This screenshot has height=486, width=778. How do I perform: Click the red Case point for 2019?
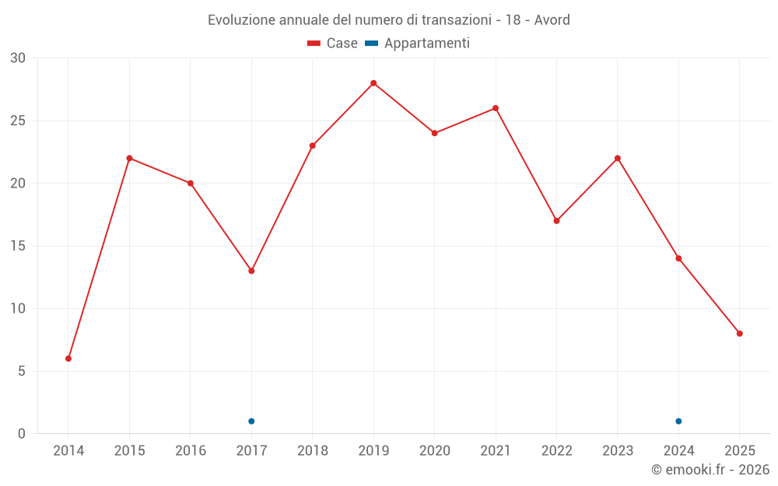(x=373, y=83)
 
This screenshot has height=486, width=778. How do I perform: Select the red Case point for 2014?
(x=68, y=358)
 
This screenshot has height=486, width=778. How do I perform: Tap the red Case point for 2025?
(x=740, y=334)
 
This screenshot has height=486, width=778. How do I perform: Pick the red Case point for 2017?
(x=251, y=271)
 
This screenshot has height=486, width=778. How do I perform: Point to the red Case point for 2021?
(x=496, y=108)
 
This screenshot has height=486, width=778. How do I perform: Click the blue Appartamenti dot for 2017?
(x=251, y=421)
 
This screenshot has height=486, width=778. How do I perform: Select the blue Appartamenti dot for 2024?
(x=678, y=421)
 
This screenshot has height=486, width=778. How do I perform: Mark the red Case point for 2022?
(x=556, y=221)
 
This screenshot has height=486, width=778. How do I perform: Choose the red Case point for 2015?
(x=129, y=159)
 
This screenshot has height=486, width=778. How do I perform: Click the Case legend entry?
(x=333, y=44)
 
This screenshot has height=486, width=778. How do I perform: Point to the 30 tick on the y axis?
(x=18, y=58)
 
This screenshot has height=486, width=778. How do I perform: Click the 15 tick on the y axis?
(x=18, y=246)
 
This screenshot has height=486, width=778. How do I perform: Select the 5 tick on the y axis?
(x=22, y=372)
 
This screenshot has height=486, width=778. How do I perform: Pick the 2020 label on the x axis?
(x=434, y=451)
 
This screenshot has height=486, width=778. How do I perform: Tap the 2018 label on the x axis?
(x=312, y=451)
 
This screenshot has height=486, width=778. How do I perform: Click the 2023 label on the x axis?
(x=618, y=451)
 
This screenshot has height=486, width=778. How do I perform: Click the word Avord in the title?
(x=552, y=19)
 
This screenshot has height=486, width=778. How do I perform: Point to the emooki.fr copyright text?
(x=710, y=470)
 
